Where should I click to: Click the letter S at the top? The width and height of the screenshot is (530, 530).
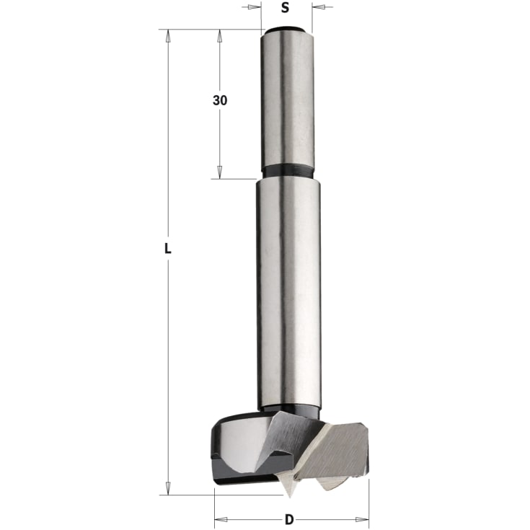pos(285,9)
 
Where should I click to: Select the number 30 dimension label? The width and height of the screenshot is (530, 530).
pos(220,101)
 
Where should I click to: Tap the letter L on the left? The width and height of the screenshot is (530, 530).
pos(167,249)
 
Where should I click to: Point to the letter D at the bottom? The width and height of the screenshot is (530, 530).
pos(289,518)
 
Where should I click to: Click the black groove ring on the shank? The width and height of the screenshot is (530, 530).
pos(287,173)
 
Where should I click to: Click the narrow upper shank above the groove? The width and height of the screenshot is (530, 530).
pos(286,101)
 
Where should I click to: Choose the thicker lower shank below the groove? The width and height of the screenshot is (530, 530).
pos(286,288)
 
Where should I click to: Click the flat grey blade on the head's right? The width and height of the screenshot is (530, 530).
pos(346,447)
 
